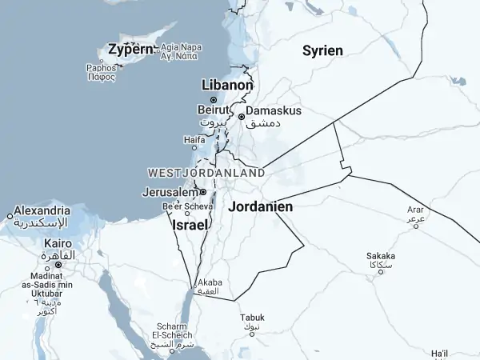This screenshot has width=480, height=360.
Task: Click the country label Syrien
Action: pyautogui.click(x=322, y=51)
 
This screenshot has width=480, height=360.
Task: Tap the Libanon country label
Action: pyautogui.click(x=228, y=85)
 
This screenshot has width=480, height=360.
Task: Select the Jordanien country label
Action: pyautogui.click(x=260, y=206)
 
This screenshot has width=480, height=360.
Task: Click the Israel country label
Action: pyautogui.click(x=190, y=226)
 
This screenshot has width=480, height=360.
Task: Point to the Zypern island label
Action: pyautogui.click(x=130, y=50)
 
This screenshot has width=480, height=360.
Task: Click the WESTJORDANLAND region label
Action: pyautogui.click(x=206, y=173)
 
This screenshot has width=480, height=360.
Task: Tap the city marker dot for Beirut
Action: pyautogui.click(x=214, y=100)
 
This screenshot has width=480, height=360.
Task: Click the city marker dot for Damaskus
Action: pyautogui.click(x=241, y=117)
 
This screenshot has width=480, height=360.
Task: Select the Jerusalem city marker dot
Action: pyautogui.click(x=203, y=192)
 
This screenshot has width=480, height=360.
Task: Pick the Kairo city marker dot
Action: pyautogui.click(x=58, y=264)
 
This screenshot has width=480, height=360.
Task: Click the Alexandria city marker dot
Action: pyautogui.click(x=10, y=215)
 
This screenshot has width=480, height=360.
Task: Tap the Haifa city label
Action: pyautogui.click(x=194, y=139)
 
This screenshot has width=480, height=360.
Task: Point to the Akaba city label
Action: pyautogui.click(x=210, y=282)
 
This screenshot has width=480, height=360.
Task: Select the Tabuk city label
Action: pyautogui.click(x=252, y=318)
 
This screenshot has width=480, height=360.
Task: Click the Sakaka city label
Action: pyautogui.click(x=381, y=257)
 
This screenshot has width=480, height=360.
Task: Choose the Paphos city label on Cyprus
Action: pyautogui.click(x=101, y=68)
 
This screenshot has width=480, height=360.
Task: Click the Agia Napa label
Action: pyautogui.click(x=179, y=47)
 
